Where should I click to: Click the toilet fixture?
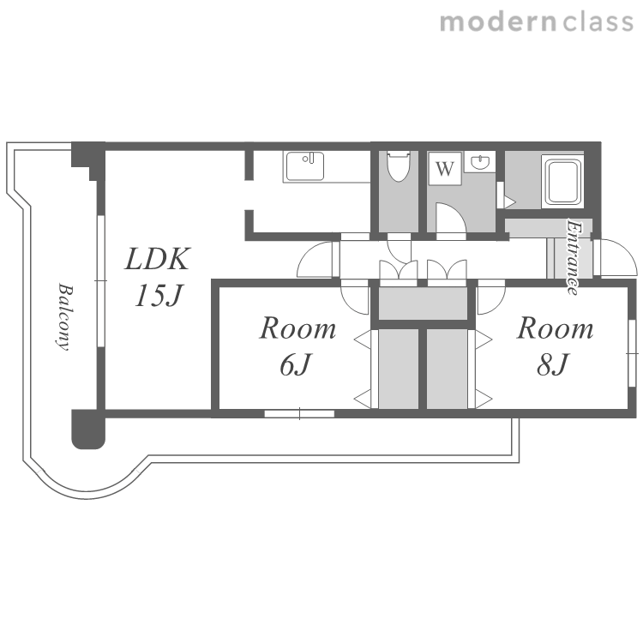(398, 166)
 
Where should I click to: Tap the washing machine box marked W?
(445, 169)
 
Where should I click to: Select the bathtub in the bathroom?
(562, 182)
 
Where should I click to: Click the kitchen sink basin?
(305, 166)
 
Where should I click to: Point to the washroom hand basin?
(479, 162)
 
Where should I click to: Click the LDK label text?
(158, 259)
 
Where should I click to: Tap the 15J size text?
(158, 295)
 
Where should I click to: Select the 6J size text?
(296, 364)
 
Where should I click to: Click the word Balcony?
(64, 316)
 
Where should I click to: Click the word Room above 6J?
(298, 328)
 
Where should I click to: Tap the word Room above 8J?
(555, 328)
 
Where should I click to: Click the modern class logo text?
(537, 21)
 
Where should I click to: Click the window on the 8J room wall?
(632, 352)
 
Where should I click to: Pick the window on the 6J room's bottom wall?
(299, 413)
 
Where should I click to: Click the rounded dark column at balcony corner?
(88, 429)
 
